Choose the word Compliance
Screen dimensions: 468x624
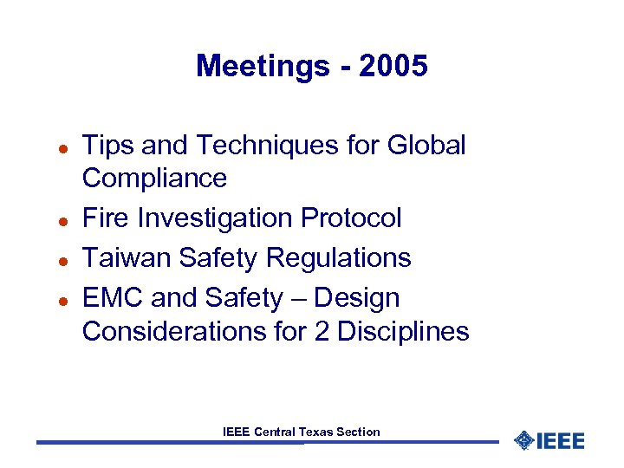point(154,179)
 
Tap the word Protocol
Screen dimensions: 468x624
point(351,218)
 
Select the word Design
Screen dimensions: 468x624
point(357,298)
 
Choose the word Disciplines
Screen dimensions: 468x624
point(403,331)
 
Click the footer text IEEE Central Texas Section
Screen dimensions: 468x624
point(301,431)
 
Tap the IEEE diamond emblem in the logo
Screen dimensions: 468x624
point(523,441)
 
